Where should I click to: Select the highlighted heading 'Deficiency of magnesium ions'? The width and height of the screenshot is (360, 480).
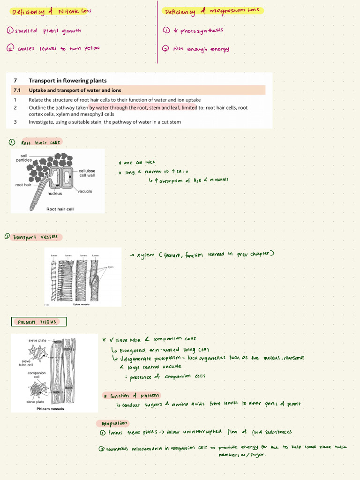[212, 11]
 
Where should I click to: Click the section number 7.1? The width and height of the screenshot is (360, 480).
[17, 90]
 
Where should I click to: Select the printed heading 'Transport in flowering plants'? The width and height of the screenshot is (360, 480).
[67, 81]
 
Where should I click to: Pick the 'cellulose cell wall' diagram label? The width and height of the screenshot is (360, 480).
[87, 173]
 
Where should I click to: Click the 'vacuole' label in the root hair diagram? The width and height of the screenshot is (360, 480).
[85, 191]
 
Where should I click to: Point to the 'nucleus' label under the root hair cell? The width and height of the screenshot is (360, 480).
[55, 193]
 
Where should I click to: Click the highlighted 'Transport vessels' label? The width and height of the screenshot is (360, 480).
[35, 237]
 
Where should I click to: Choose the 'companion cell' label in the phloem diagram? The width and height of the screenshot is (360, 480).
[37, 375]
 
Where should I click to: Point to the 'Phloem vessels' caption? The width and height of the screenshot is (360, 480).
[50, 408]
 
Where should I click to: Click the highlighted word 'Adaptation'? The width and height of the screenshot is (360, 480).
[113, 423]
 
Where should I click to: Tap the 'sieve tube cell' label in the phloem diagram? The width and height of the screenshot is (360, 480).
[26, 363]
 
